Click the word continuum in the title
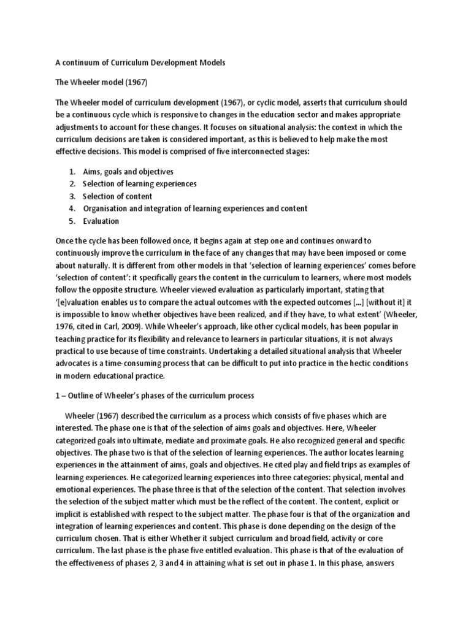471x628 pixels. (80, 63)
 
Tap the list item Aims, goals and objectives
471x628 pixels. (128, 172)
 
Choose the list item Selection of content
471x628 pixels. (117, 196)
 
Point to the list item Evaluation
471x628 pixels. (101, 221)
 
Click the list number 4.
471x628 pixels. (72, 209)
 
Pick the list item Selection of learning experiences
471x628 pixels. (140, 184)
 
